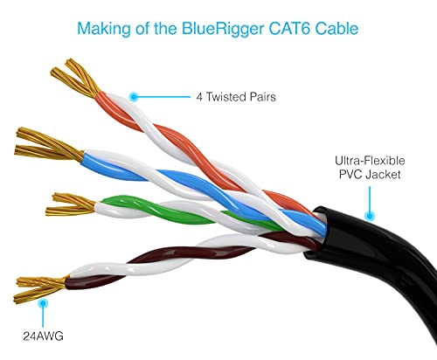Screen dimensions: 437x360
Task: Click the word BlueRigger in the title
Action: pos(223,29)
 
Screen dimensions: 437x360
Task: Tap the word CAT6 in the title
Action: pos(289,28)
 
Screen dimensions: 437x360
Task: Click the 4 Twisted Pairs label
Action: pos(236,97)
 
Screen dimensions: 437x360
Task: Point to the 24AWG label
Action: pos(43,336)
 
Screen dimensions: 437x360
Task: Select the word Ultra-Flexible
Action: pos(370,161)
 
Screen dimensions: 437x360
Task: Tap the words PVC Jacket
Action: pos(370,175)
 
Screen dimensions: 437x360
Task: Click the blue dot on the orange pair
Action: pos(134,97)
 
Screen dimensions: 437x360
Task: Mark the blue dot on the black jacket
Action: pos(370,216)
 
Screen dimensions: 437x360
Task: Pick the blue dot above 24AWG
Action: pos(43,303)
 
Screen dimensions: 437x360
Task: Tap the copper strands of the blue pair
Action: pos(49,145)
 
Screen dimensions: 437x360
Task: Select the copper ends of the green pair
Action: pos(71,204)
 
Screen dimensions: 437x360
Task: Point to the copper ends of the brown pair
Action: pos(41,288)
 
